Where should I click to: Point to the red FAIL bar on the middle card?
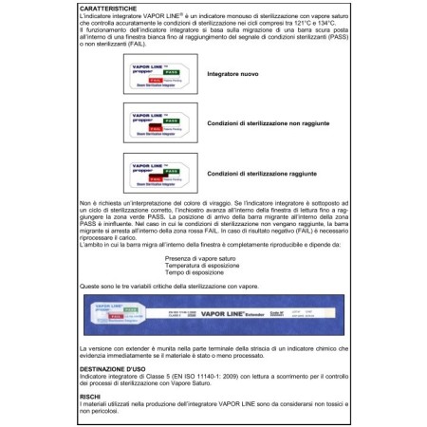[x=157, y=123]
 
